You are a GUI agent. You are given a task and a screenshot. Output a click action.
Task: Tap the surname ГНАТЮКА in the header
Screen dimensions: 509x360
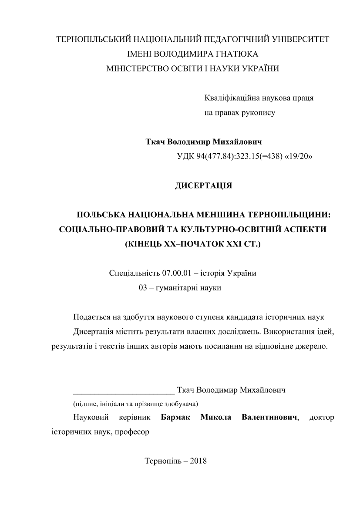(x=238, y=54)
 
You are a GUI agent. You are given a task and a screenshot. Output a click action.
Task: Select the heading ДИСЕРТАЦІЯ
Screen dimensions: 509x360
(x=203, y=186)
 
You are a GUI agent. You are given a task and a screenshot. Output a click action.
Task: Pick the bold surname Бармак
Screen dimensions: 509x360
(x=177, y=418)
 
